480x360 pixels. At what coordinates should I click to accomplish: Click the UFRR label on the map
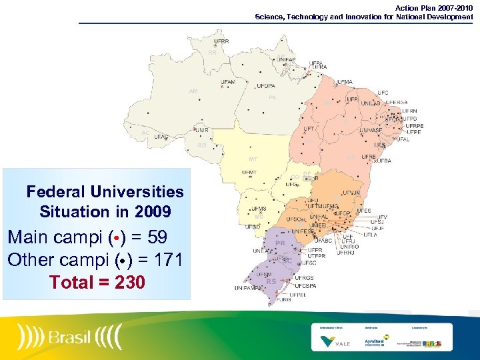(221, 41)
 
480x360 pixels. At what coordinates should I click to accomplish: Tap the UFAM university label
(227, 82)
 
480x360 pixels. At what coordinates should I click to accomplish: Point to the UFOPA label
(265, 86)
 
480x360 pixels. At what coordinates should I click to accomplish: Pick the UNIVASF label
(371, 131)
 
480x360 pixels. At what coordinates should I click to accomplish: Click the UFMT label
(249, 173)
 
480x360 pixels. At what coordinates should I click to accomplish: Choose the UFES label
(364, 211)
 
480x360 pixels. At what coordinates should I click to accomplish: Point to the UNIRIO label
(350, 247)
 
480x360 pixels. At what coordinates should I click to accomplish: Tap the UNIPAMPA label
(247, 288)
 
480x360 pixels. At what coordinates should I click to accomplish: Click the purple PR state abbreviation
(280, 243)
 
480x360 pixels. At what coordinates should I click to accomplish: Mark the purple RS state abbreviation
(271, 281)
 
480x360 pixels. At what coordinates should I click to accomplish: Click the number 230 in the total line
(129, 283)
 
